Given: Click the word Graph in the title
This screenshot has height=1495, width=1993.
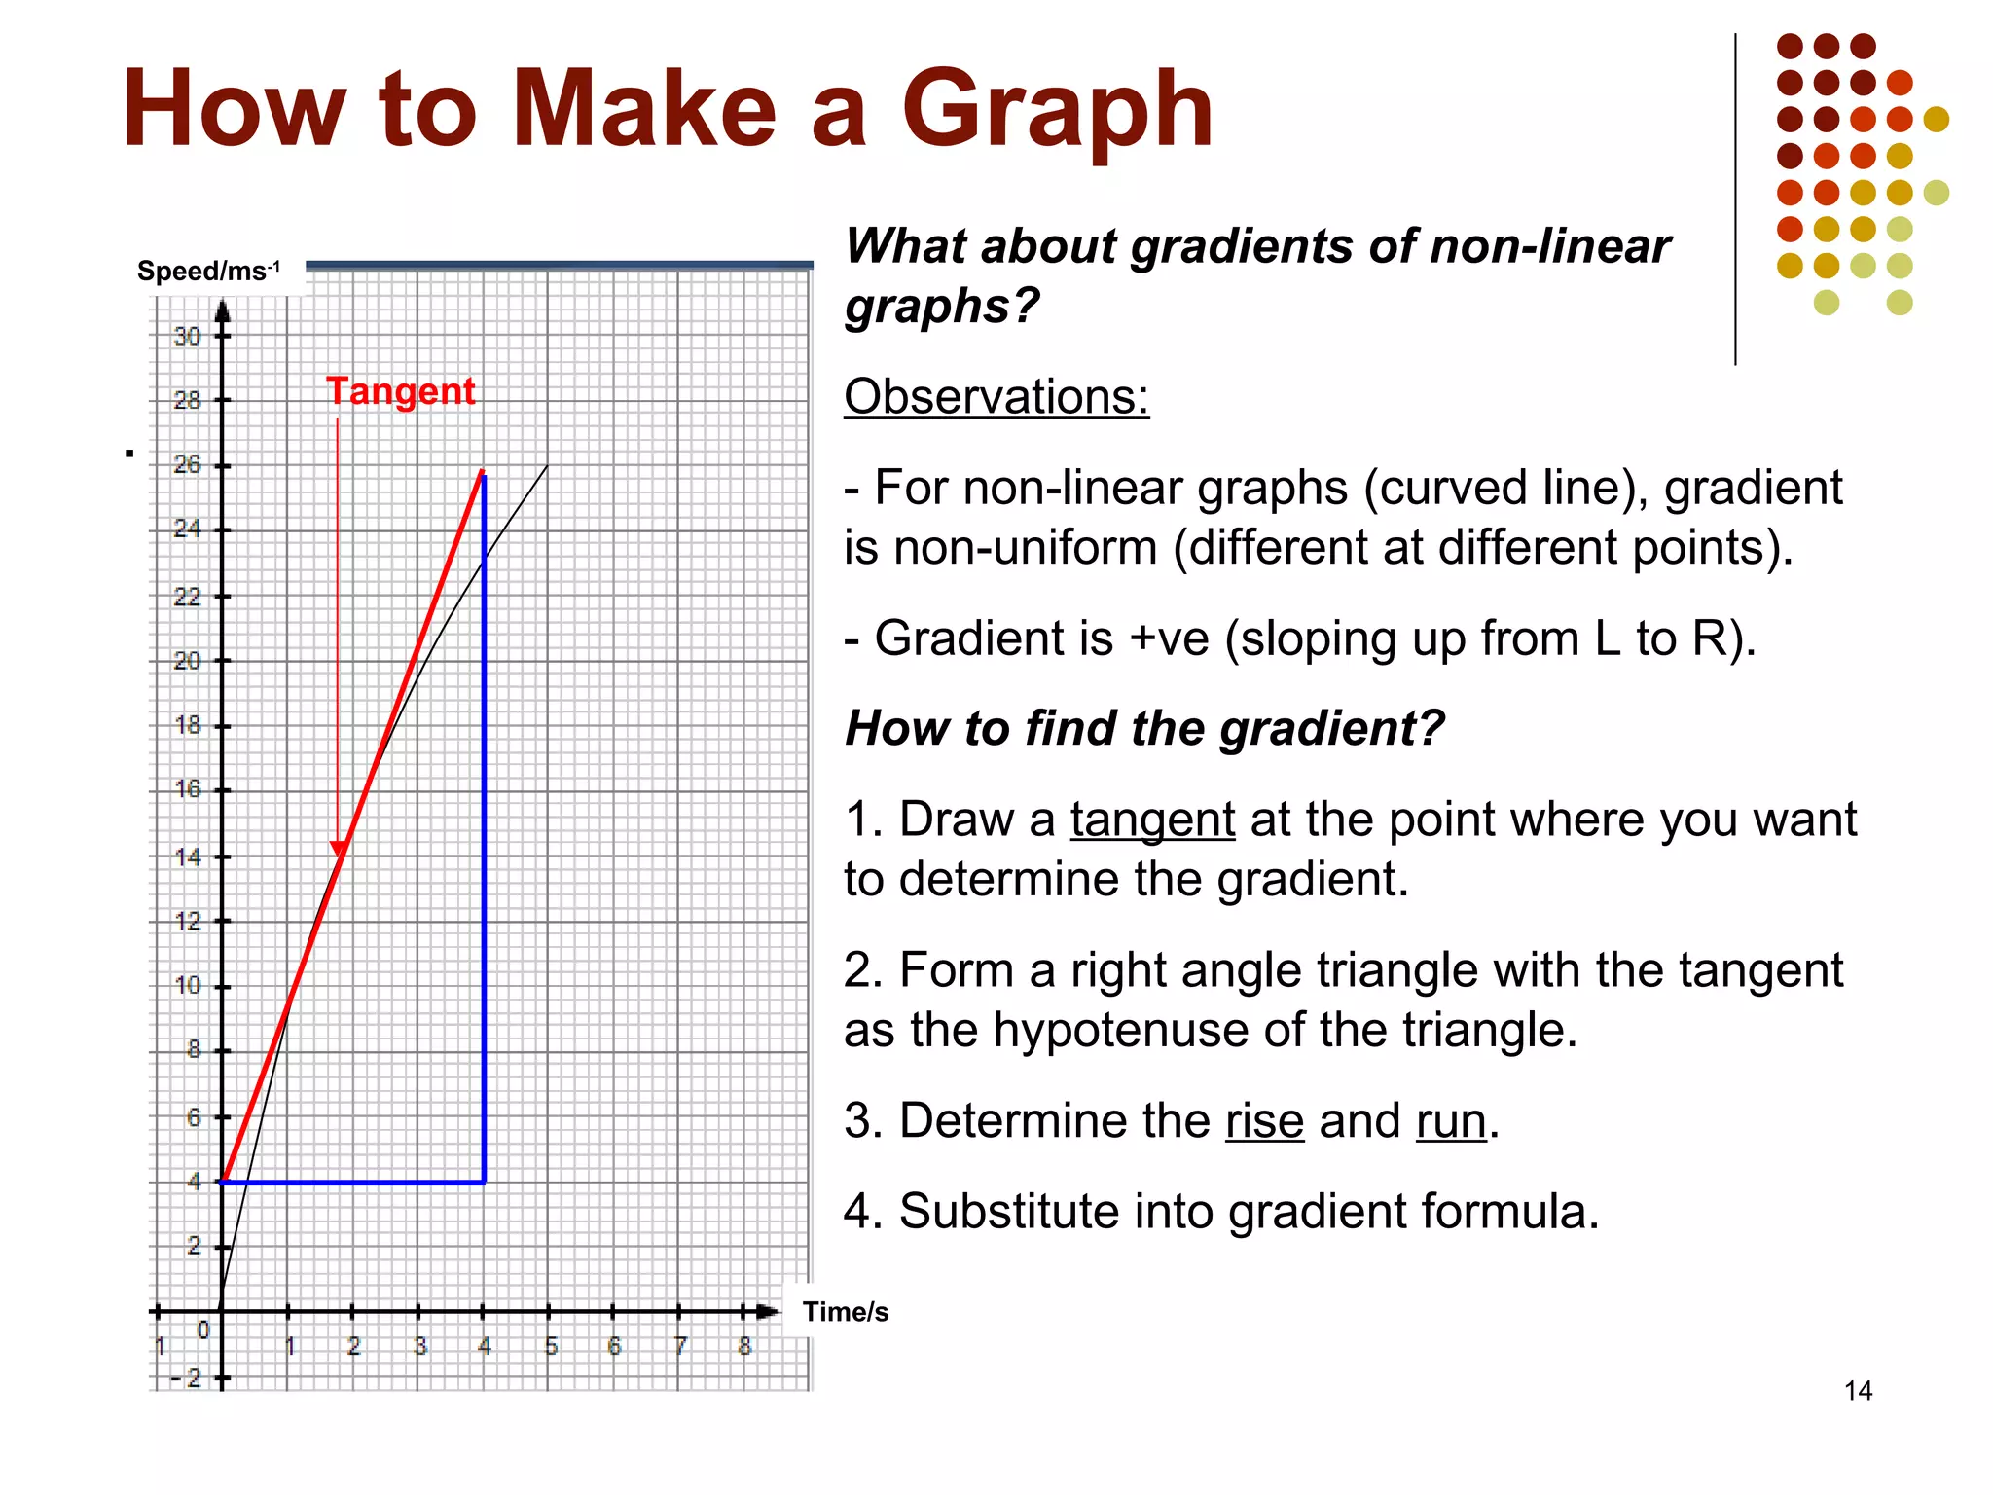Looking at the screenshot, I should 1057,109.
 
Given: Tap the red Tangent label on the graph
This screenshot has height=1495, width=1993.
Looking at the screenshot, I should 400,391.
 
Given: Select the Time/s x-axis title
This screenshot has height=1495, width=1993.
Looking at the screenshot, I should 845,1312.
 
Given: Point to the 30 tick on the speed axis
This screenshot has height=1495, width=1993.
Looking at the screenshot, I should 187,337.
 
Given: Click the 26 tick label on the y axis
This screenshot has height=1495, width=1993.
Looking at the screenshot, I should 187,465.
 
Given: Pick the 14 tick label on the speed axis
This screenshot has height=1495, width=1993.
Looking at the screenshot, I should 187,857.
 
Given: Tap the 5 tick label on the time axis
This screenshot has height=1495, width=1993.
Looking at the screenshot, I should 551,1347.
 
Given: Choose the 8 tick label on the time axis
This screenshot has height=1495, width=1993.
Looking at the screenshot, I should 744,1347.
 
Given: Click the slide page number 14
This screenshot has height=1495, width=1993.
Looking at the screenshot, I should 1858,1391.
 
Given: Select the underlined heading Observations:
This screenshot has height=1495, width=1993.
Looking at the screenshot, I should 996,397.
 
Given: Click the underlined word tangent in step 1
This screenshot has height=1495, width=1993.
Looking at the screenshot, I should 1152,820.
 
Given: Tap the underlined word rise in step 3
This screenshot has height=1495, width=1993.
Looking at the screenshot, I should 1264,1120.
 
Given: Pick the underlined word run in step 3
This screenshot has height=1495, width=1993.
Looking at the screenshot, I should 1451,1120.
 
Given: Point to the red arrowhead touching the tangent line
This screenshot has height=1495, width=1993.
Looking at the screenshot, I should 339,849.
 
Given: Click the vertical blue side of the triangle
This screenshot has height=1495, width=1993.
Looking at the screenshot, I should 484,827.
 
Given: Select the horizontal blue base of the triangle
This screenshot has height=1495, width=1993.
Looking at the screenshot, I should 352,1183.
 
